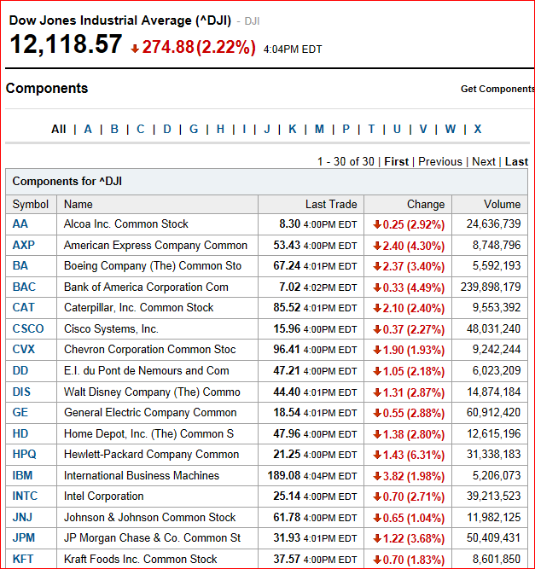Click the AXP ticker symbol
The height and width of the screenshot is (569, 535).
click(24, 245)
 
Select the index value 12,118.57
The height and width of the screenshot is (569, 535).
click(66, 44)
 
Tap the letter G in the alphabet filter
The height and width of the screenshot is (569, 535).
click(194, 129)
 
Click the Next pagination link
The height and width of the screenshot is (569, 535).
click(484, 161)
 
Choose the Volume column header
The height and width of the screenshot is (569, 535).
click(502, 204)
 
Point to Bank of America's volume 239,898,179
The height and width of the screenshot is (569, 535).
click(491, 287)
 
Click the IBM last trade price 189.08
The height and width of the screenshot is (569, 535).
click(284, 475)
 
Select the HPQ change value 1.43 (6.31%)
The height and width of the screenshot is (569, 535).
click(413, 455)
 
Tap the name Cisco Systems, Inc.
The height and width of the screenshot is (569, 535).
click(111, 328)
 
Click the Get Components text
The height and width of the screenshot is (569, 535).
click(497, 89)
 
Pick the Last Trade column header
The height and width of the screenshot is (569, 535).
click(331, 204)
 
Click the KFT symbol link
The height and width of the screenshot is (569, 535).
click(23, 559)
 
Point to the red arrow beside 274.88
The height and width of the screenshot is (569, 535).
click(135, 49)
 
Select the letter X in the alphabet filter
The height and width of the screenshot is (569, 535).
click(478, 129)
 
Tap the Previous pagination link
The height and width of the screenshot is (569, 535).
click(440, 161)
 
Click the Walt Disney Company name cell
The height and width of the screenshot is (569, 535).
click(152, 392)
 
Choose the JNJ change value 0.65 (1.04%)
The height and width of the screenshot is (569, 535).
click(413, 518)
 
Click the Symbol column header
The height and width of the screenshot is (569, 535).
click(31, 204)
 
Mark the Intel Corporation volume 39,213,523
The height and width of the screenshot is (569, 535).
click(494, 496)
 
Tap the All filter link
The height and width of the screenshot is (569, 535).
click(58, 129)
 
